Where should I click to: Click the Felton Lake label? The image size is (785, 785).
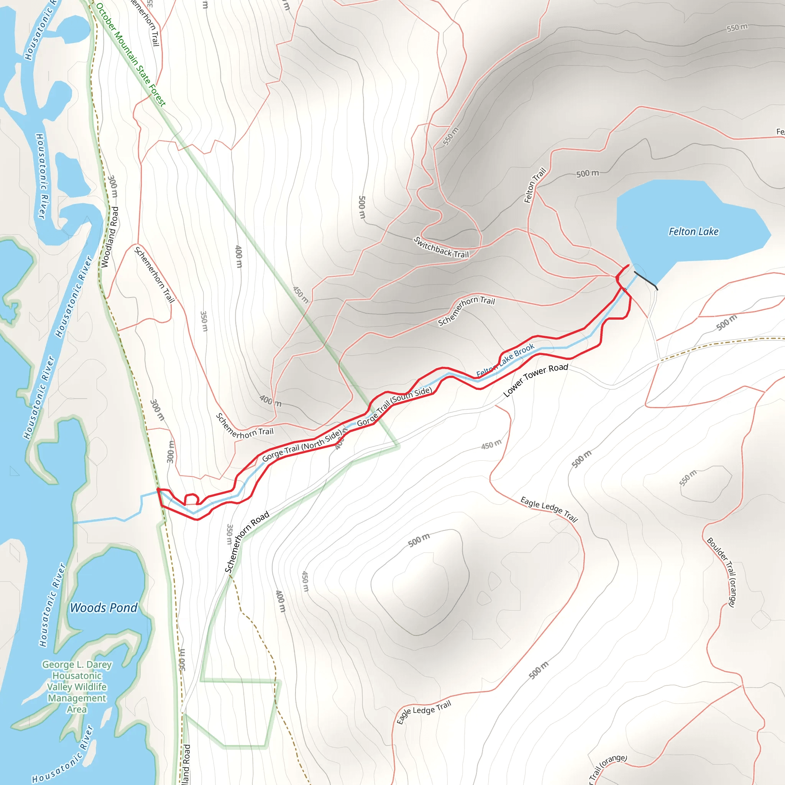click(x=693, y=232)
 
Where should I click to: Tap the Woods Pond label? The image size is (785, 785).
click(x=103, y=608)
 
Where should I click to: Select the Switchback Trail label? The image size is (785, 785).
click(x=441, y=248)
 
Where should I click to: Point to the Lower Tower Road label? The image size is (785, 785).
click(x=535, y=380)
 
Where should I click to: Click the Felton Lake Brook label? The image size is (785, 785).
click(x=505, y=360)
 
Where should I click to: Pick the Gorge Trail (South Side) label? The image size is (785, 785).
click(x=394, y=406)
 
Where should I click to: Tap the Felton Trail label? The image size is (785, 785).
click(x=535, y=185)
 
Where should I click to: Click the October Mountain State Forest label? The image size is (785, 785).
click(x=131, y=55)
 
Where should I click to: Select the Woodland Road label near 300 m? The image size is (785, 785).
click(x=110, y=237)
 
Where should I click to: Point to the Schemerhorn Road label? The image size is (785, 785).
click(x=247, y=541)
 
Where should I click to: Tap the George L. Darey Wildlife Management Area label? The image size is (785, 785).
click(x=77, y=686)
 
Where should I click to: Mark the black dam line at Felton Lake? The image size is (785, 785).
click(x=645, y=280)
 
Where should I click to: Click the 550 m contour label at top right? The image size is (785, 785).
click(x=737, y=28)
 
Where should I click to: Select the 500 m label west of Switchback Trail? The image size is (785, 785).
click(x=362, y=207)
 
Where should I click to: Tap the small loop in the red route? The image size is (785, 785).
click(x=191, y=499)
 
